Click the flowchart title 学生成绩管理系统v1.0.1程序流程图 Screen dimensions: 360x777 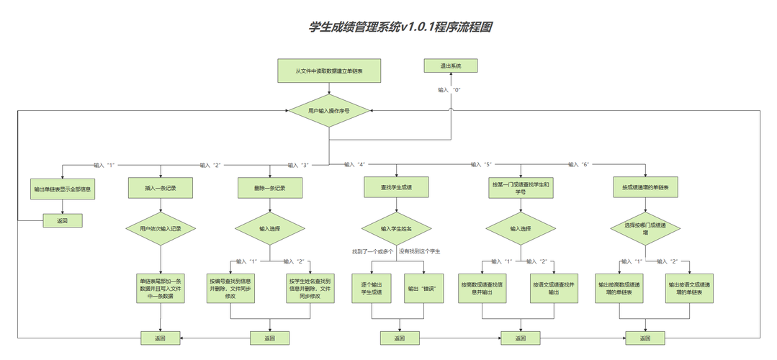[x=400, y=27]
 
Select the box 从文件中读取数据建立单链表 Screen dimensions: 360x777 [x=329, y=71]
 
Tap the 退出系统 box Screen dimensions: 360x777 [x=451, y=66]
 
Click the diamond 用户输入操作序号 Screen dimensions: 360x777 [x=329, y=111]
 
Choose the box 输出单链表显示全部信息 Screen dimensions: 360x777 [x=63, y=190]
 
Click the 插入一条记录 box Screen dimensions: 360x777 [x=160, y=187]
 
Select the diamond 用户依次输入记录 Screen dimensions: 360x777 [x=160, y=228]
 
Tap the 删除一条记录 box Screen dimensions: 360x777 [x=270, y=187]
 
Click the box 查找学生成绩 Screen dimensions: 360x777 [x=396, y=187]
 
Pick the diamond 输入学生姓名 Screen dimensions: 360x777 [x=396, y=228]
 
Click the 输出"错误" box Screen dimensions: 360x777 [x=424, y=289]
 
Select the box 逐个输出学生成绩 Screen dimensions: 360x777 [x=371, y=289]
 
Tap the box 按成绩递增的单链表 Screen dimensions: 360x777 [x=645, y=187]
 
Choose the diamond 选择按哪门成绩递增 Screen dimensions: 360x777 [x=645, y=228]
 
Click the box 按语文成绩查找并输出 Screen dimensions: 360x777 [x=554, y=289]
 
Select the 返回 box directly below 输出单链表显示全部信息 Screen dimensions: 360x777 [x=62, y=220]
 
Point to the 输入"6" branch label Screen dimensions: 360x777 [x=578, y=164]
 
